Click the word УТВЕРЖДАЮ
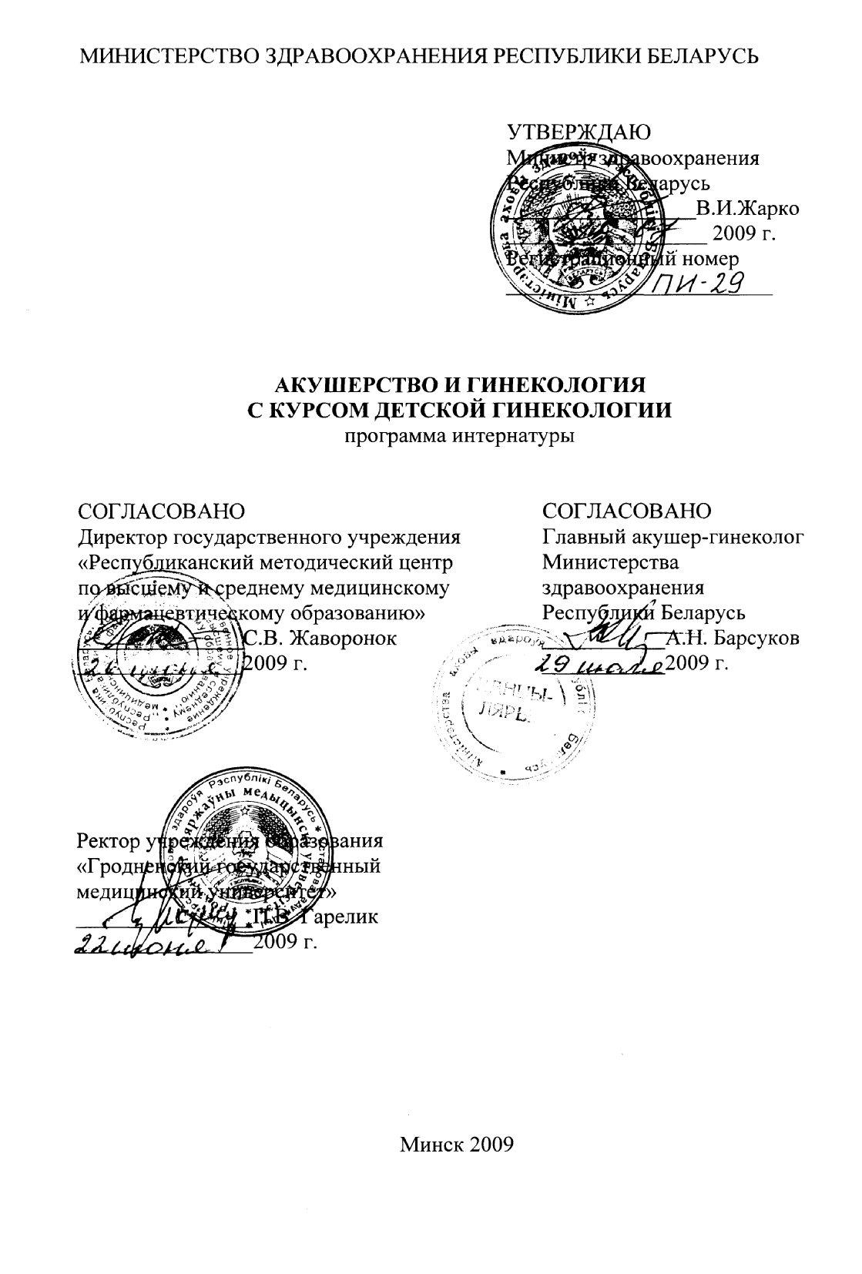(x=579, y=132)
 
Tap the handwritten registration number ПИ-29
(x=697, y=285)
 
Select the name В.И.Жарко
(x=747, y=209)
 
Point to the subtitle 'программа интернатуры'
(x=458, y=436)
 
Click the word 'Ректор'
(x=107, y=842)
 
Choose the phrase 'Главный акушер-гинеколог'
(x=673, y=538)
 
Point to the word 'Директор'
(x=123, y=538)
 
